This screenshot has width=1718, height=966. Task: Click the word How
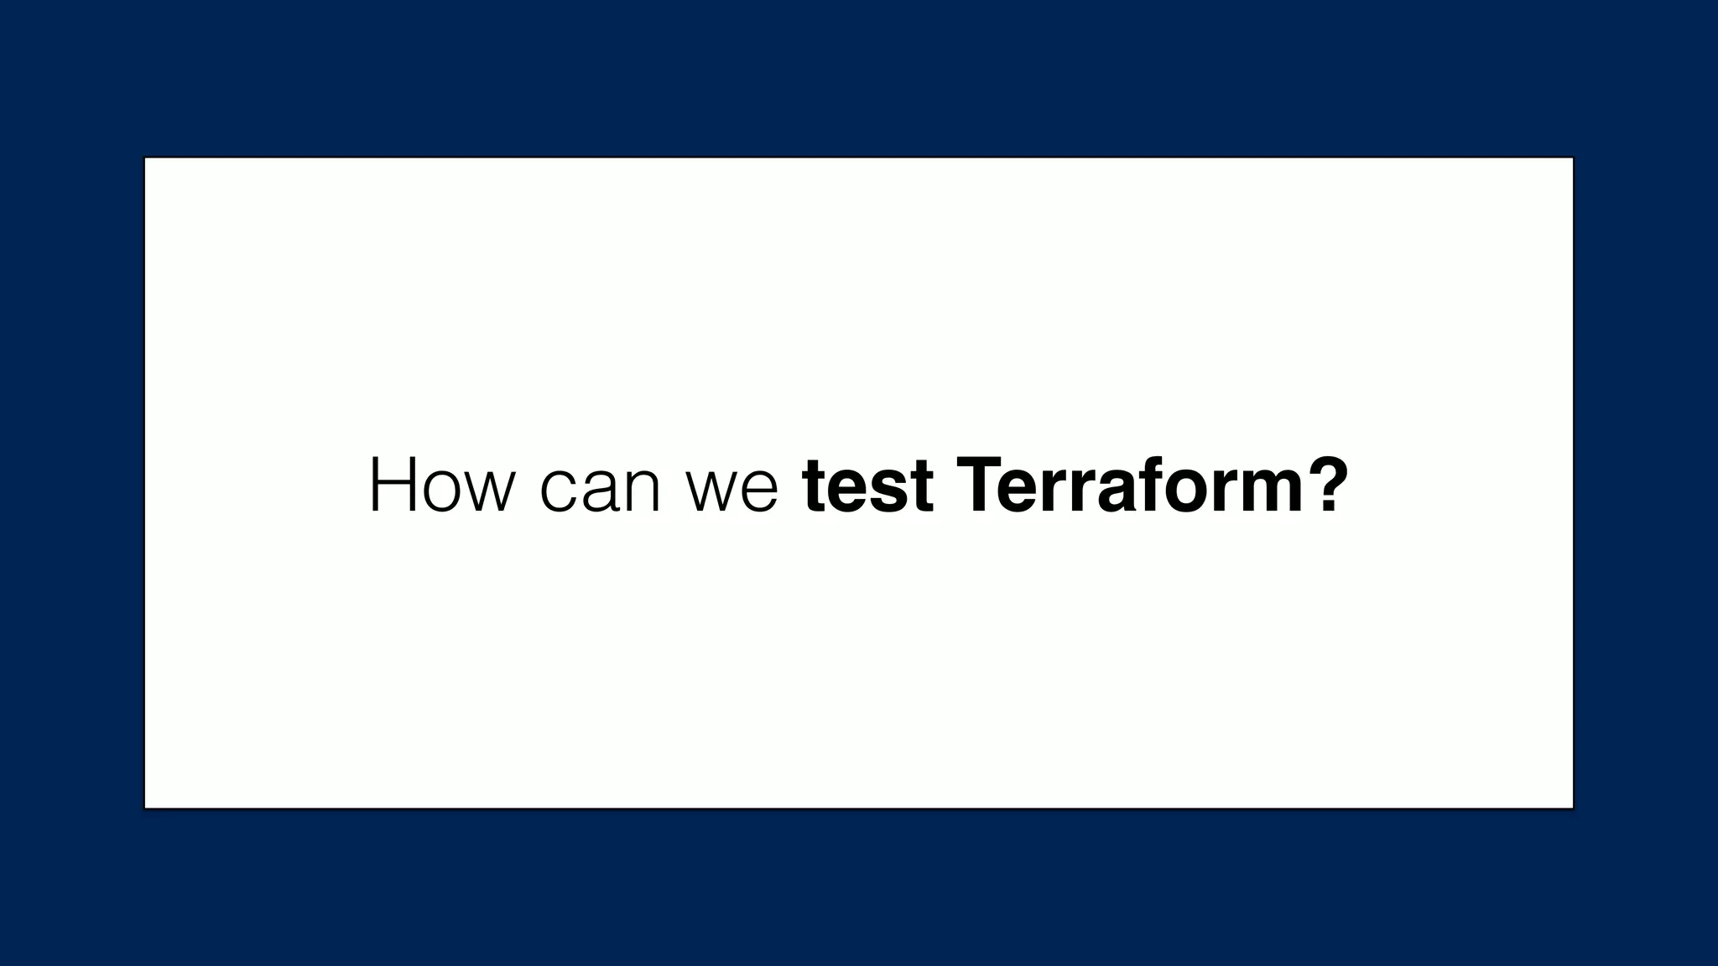click(x=440, y=486)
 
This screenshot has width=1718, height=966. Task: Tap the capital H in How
click(x=394, y=486)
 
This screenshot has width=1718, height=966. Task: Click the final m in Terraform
click(x=1263, y=491)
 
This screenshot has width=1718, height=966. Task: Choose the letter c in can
click(x=558, y=492)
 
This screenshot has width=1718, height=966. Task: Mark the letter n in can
click(x=641, y=492)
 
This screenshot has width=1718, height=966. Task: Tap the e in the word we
click(x=760, y=492)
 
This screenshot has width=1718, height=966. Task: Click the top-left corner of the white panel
click(x=146, y=158)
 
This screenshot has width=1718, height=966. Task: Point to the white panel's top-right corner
click(x=1572, y=158)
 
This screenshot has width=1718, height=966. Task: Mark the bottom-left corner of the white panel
click(x=146, y=808)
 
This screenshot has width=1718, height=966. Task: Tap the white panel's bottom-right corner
click(x=1572, y=808)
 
